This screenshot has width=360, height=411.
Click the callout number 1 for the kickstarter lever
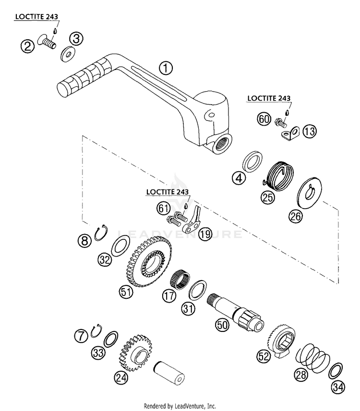(x=166, y=69)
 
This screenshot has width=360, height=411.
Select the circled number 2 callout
(x=27, y=46)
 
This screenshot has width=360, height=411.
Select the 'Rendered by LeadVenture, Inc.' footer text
(x=180, y=405)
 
